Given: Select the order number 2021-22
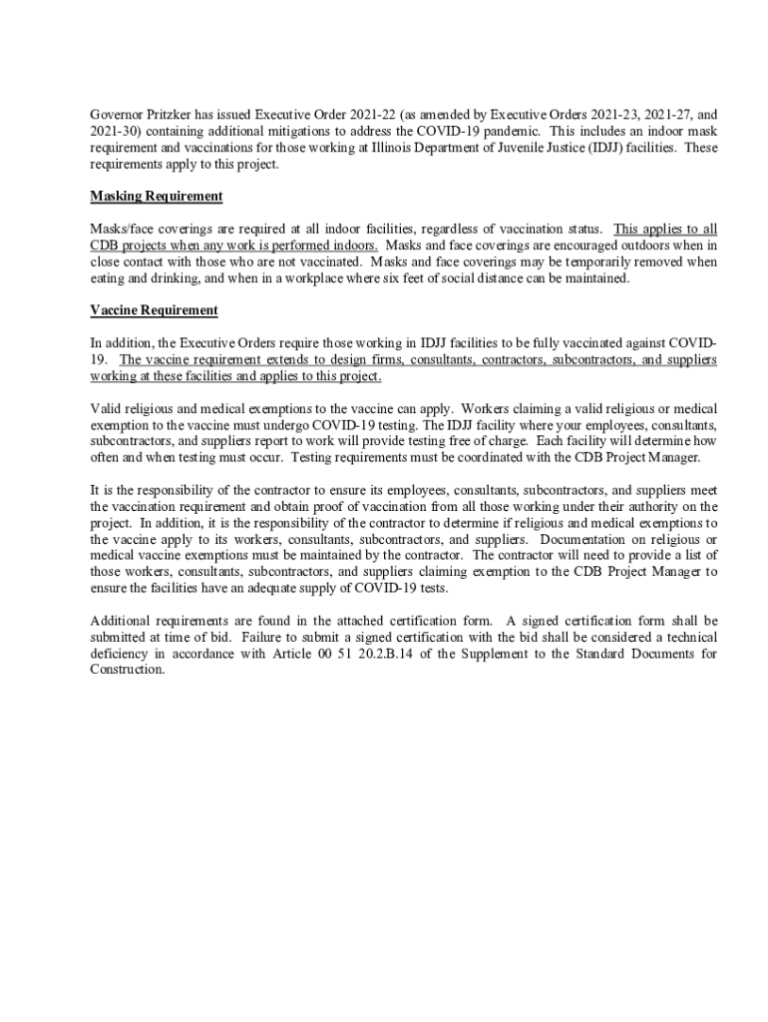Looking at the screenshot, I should coord(369,116).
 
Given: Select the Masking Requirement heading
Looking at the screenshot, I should coord(156,197).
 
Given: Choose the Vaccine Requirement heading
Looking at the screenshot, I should coord(154,310).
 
